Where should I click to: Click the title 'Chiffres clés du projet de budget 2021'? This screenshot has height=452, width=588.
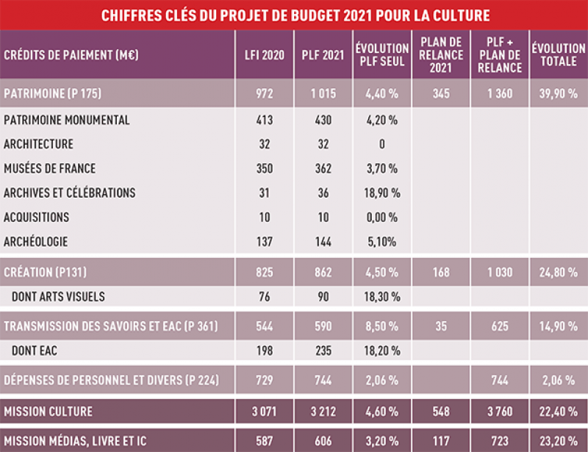click(294, 15)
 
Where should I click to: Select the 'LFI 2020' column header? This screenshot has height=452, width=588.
click(264, 55)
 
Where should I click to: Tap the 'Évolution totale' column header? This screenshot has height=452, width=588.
click(559, 55)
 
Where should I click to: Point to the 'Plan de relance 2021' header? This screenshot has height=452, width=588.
click(441, 55)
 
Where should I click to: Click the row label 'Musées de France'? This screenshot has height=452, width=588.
click(50, 168)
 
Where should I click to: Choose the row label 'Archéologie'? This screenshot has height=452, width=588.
click(37, 241)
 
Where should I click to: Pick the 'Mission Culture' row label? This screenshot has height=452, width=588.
click(49, 411)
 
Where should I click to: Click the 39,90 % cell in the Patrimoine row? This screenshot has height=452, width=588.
click(559, 94)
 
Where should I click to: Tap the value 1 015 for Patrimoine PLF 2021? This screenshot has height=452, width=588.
click(323, 94)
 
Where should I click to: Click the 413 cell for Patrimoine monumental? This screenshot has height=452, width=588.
click(264, 120)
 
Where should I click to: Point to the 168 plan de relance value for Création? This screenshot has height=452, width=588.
click(441, 273)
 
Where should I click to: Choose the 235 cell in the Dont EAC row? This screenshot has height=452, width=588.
click(323, 351)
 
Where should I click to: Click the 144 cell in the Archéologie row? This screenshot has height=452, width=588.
click(323, 241)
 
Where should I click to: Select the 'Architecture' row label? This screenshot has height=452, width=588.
click(38, 144)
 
